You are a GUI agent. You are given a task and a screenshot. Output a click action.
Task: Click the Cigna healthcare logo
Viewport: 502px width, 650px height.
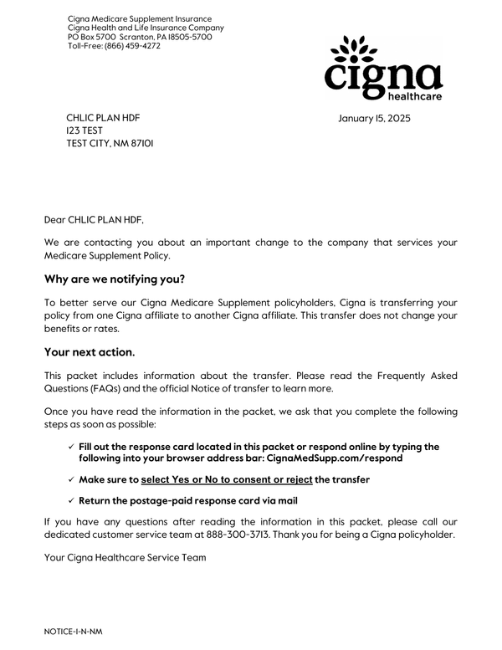click(382, 69)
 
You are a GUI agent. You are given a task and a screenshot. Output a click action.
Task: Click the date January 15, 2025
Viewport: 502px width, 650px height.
click(374, 119)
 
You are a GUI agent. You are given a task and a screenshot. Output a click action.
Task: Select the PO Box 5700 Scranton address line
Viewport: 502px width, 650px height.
click(140, 37)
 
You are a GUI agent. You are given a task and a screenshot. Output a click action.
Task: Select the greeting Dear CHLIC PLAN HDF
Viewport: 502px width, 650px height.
click(94, 221)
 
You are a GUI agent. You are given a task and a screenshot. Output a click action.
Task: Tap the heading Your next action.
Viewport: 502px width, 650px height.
click(90, 353)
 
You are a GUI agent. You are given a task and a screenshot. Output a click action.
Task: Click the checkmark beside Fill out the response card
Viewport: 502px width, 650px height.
click(71, 447)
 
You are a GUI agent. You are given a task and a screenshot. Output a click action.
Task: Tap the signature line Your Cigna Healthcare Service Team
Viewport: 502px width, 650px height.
click(125, 557)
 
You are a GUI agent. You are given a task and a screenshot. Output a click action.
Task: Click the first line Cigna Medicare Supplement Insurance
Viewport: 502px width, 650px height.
click(140, 18)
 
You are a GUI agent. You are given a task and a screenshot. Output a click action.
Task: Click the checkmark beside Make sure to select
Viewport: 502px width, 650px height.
click(71, 479)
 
